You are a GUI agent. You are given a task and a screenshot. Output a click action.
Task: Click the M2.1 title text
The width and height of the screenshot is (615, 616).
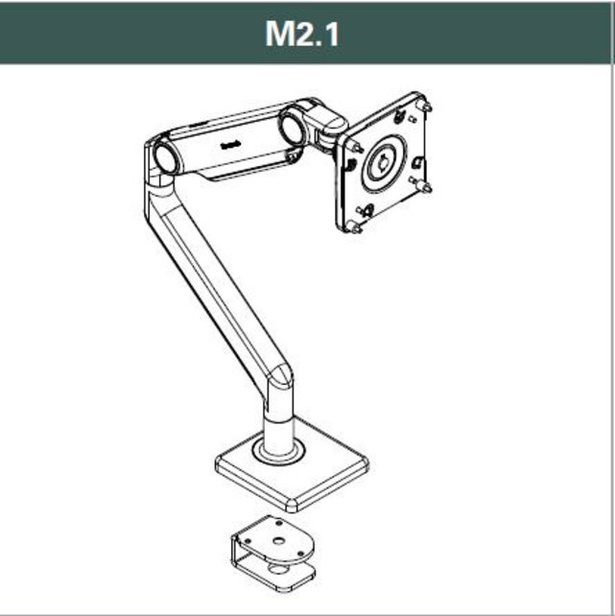[302, 34]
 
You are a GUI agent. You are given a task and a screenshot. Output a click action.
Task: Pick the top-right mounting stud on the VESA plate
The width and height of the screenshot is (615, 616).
[425, 103]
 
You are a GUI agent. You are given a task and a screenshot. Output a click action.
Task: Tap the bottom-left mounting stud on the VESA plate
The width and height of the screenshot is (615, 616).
[354, 229]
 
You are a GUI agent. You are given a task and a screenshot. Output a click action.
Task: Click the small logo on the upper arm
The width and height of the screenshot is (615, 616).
[230, 145]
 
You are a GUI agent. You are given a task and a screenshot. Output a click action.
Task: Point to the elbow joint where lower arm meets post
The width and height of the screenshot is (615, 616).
[278, 379]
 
